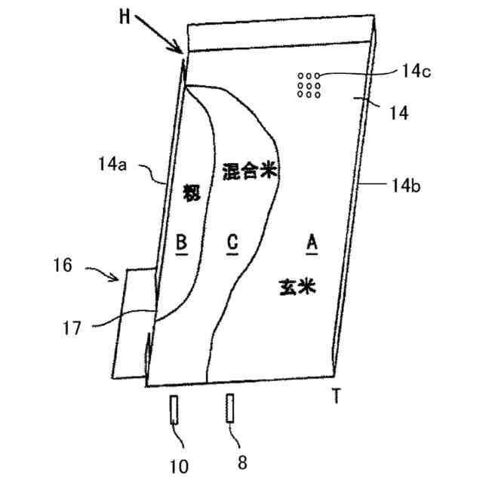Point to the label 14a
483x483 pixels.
tap(112, 162)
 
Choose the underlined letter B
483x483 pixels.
tap(181, 242)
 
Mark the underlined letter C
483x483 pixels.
tap(232, 242)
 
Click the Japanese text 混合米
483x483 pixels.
tap(251, 172)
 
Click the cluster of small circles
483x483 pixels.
tap(309, 85)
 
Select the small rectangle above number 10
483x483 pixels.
tap(174, 411)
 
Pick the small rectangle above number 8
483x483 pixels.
tap(229, 410)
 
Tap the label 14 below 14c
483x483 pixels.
tap(398, 113)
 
